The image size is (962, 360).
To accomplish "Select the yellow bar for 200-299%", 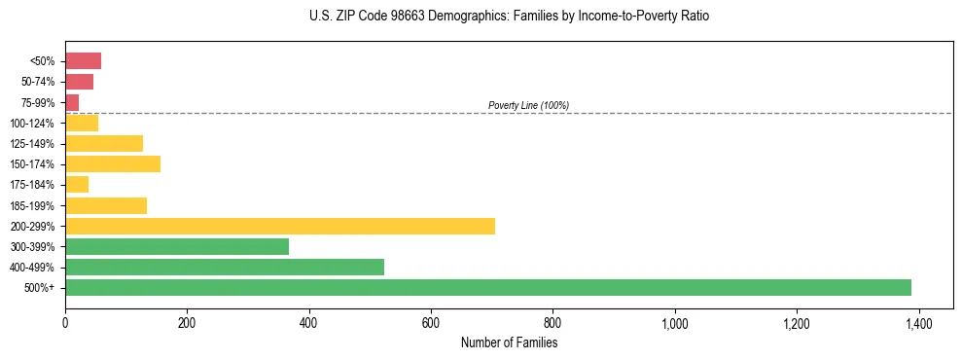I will click(280, 226).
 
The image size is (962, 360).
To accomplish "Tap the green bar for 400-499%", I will click(225, 267).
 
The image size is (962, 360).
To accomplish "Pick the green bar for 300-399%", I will click(177, 246).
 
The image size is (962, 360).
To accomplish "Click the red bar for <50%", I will click(83, 61).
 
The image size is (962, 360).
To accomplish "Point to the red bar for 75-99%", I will click(72, 102).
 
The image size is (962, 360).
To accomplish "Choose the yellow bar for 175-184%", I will click(77, 184).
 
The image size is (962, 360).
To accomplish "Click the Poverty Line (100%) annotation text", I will click(528, 105).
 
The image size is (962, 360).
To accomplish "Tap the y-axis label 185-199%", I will click(32, 205).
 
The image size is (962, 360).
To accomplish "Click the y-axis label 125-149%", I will click(32, 144).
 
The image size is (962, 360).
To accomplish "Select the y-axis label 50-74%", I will click(37, 82).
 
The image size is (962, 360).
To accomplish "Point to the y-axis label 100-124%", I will click(32, 124).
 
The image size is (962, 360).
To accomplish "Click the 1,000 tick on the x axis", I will click(674, 323).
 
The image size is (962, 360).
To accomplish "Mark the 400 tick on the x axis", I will click(309, 323).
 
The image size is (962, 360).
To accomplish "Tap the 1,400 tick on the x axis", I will click(918, 323).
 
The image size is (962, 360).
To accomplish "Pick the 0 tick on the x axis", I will click(65, 323).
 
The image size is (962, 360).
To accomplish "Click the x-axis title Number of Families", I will click(509, 342).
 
